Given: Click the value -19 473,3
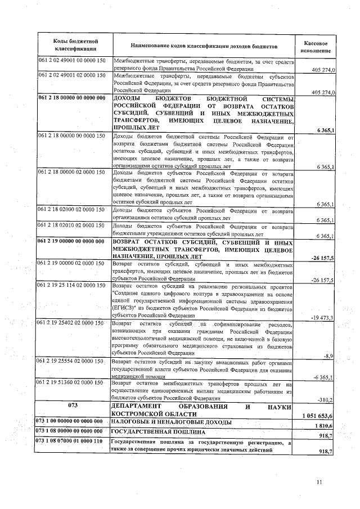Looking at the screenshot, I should pos(322,317).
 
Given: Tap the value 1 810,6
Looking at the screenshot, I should pos(324,426).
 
